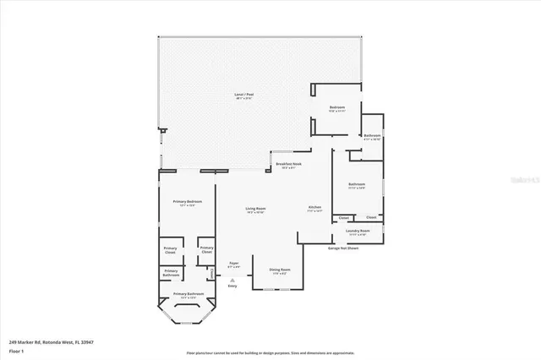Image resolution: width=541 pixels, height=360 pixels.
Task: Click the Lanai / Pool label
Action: click(x=244, y=96)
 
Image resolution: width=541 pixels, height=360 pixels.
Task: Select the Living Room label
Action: click(x=255, y=210)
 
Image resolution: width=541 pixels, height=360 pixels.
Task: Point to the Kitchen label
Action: click(x=314, y=209)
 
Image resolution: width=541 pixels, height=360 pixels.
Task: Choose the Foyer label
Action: click(x=234, y=265)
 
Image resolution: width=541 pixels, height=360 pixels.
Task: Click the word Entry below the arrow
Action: click(x=232, y=286)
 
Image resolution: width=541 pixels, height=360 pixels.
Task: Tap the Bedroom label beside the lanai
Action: click(x=337, y=109)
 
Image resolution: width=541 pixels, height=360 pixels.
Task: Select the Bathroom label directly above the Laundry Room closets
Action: click(x=356, y=186)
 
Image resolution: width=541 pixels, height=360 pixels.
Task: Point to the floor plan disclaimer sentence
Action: click(x=270, y=352)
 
